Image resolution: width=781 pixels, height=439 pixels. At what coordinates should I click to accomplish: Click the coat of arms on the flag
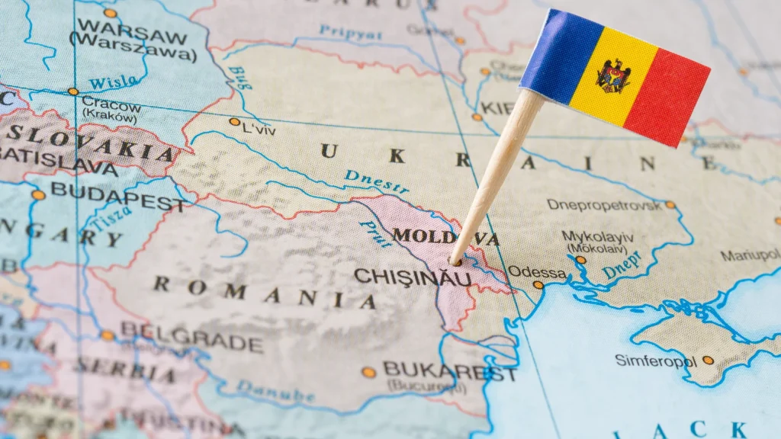[x=613, y=75]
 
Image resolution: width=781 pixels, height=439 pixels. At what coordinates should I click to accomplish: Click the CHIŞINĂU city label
[x=412, y=277]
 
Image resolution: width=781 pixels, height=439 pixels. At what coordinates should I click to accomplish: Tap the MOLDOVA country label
[x=445, y=237]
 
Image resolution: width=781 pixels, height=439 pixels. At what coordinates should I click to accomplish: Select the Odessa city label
[x=537, y=272]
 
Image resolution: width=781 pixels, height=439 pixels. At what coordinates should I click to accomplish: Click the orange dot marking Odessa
[x=538, y=285]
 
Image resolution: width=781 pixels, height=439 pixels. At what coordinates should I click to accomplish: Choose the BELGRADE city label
[x=191, y=336]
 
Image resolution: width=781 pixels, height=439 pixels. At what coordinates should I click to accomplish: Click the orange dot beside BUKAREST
[x=368, y=372]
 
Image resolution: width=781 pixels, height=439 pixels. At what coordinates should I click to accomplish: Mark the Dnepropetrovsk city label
[x=605, y=204]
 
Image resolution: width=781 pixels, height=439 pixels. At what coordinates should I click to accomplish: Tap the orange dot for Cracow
[x=73, y=91]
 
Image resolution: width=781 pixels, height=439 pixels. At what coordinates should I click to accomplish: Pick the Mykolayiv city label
[x=599, y=236]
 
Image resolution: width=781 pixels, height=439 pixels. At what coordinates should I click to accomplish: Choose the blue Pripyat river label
[x=350, y=33]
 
